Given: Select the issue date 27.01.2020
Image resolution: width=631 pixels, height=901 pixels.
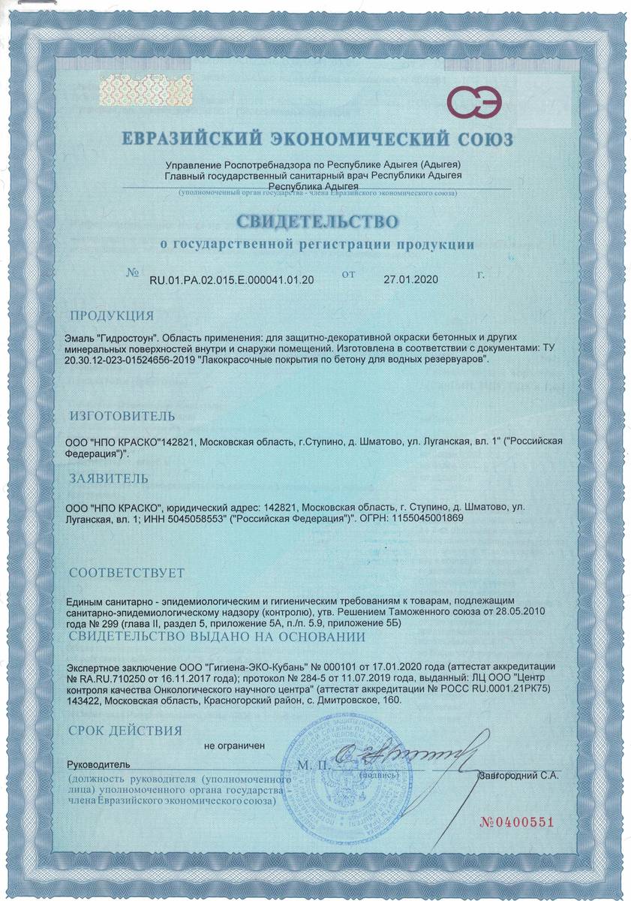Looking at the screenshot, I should tap(409, 279).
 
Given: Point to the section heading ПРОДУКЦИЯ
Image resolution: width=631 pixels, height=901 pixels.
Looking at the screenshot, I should tap(111, 315).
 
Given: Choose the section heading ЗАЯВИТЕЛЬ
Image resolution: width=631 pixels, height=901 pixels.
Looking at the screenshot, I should tap(108, 478).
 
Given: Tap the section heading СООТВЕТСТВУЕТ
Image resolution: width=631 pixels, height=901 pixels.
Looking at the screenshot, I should tap(126, 573).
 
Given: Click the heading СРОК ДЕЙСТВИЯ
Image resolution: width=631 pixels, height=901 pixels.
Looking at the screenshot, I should tap(125, 730).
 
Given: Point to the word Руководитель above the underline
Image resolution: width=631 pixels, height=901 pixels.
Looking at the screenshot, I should tap(98, 764).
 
